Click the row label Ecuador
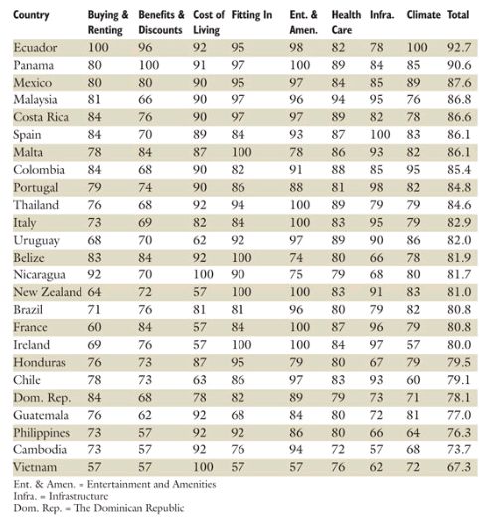tap(35, 48)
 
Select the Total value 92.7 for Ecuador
tap(459, 48)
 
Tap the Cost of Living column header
tap(209, 22)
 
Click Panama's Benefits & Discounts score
tap(149, 65)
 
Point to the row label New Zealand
tap(48, 292)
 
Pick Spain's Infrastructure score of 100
tap(380, 135)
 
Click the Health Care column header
tap(346, 22)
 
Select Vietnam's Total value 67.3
tap(459, 467)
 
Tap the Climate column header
tap(423, 15)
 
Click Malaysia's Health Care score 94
tap(338, 99)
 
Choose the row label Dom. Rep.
tap(42, 398)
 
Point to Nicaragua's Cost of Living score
tap(203, 274)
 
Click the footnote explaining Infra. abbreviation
tap(61, 496)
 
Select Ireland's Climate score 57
tap(413, 345)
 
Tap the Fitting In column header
tap(251, 15)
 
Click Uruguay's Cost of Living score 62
tap(199, 240)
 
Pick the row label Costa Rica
tap(41, 117)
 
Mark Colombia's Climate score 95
tap(413, 170)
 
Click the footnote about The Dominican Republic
tap(98, 508)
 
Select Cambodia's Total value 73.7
tap(459, 449)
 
